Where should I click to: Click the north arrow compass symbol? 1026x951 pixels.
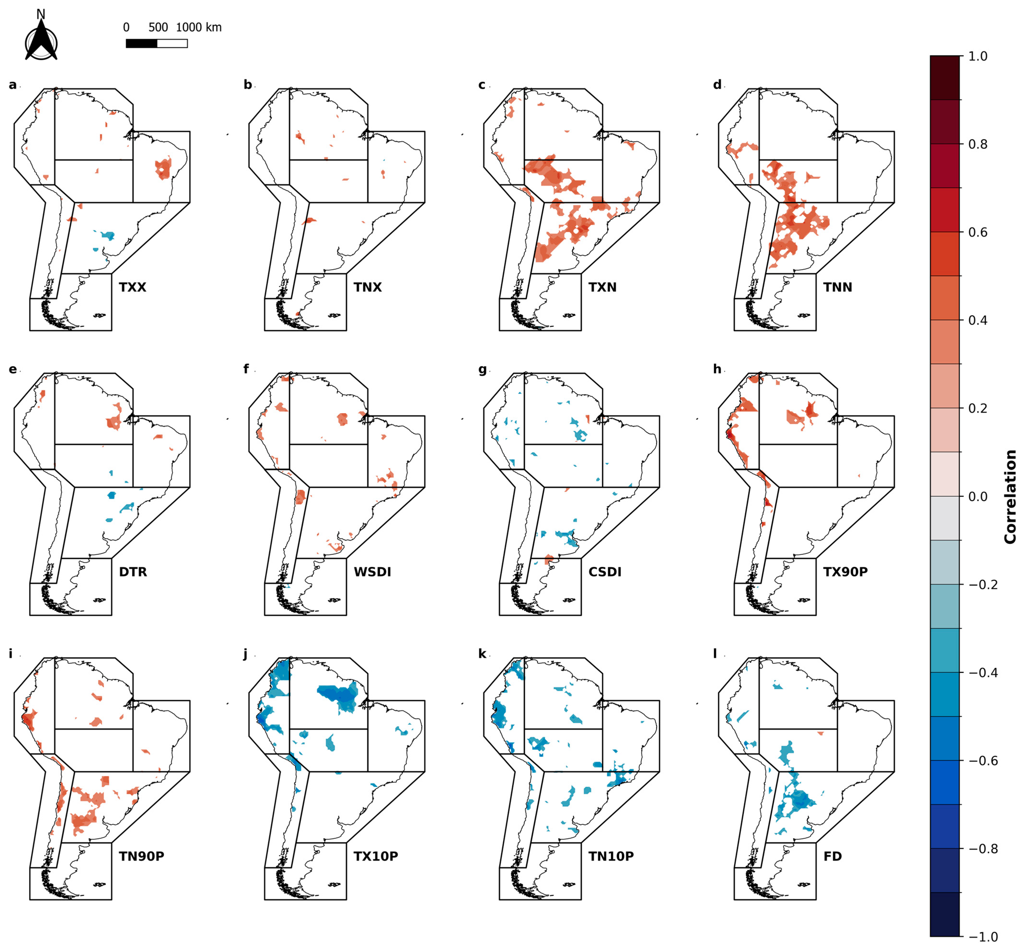pyautogui.click(x=41, y=36)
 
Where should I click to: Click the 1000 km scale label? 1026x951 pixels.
pyautogui.click(x=198, y=27)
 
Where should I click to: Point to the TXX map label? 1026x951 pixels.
pyautogui.click(x=133, y=287)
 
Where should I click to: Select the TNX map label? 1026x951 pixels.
pyautogui.click(x=368, y=287)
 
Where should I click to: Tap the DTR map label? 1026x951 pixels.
pyautogui.click(x=133, y=572)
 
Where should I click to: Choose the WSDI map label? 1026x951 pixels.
pyautogui.click(x=372, y=572)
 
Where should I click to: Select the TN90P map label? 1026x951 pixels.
pyautogui.click(x=141, y=856)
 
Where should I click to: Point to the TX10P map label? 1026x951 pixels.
pyautogui.click(x=376, y=856)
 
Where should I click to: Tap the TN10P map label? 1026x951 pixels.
pyautogui.click(x=611, y=856)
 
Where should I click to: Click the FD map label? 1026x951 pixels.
pyautogui.click(x=833, y=856)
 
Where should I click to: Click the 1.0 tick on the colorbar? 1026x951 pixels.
pyautogui.click(x=978, y=56)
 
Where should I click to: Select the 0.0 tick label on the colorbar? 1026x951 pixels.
pyautogui.click(x=978, y=497)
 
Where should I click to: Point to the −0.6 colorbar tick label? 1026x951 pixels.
pyautogui.click(x=983, y=761)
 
